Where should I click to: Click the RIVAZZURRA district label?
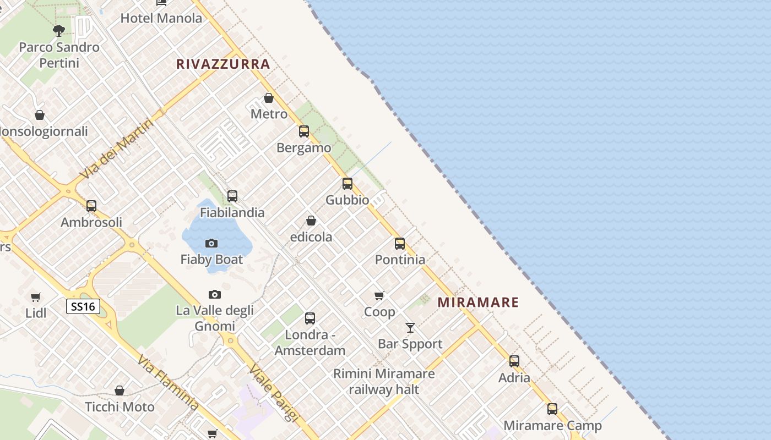(x=223, y=64)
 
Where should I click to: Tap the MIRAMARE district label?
(x=478, y=302)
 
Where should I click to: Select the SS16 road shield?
(x=83, y=306)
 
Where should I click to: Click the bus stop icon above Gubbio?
(x=348, y=184)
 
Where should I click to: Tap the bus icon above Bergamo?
(x=304, y=131)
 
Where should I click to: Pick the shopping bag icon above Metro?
(x=269, y=98)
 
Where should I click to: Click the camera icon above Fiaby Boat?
(x=211, y=243)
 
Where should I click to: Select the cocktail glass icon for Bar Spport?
(x=410, y=328)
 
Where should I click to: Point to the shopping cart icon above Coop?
(x=379, y=296)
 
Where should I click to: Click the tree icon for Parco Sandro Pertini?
(x=59, y=31)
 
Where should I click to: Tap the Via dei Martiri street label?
(x=116, y=148)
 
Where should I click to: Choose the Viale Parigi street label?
(x=273, y=393)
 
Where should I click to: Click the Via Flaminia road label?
(x=168, y=383)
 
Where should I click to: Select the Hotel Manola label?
(x=161, y=18)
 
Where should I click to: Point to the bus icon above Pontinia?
(x=400, y=243)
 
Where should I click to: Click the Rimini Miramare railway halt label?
(x=384, y=381)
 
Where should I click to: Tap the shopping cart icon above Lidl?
(x=36, y=297)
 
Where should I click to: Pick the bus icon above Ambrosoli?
(x=91, y=206)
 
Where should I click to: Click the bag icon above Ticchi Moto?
(x=120, y=391)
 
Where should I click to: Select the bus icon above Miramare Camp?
(x=552, y=409)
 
